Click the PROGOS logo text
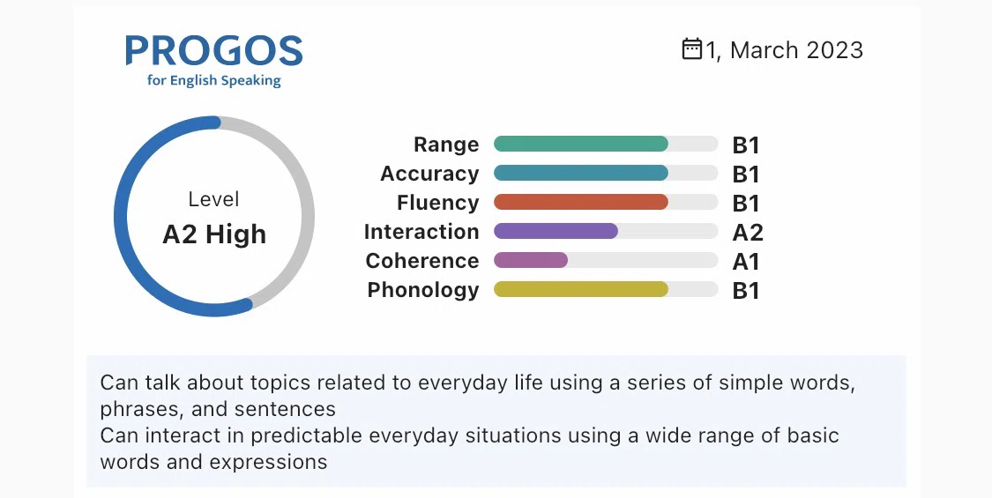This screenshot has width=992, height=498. tap(214, 50)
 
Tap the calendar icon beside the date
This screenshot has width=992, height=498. tap(692, 48)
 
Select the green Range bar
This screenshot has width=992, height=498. tap(581, 144)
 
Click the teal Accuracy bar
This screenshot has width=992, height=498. tap(581, 173)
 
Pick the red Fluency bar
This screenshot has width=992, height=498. tap(581, 202)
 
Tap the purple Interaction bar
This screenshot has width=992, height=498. tap(556, 231)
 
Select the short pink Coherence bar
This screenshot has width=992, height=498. tap(531, 260)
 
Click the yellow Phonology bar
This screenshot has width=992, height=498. tap(581, 289)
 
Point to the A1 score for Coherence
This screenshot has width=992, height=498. tap(746, 261)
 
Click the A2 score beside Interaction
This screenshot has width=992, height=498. tap(748, 232)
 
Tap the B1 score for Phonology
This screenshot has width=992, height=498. tap(746, 291)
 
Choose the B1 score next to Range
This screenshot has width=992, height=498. tap(746, 145)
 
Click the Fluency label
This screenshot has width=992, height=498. tap(437, 203)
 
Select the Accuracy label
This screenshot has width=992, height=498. tap(429, 174)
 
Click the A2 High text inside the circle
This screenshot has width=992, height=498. tap(214, 234)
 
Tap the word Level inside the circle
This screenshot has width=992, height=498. tap(214, 199)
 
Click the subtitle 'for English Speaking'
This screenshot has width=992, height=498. tap(214, 80)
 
